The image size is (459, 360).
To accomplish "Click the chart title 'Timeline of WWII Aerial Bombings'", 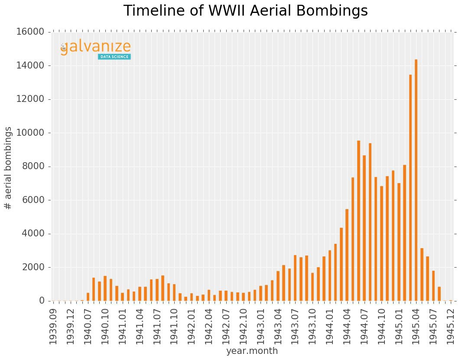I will [245, 11].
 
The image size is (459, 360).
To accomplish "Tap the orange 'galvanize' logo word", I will [95, 47].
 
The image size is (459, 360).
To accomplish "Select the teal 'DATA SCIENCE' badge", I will [114, 57].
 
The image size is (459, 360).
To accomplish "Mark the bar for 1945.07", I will [433, 286].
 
